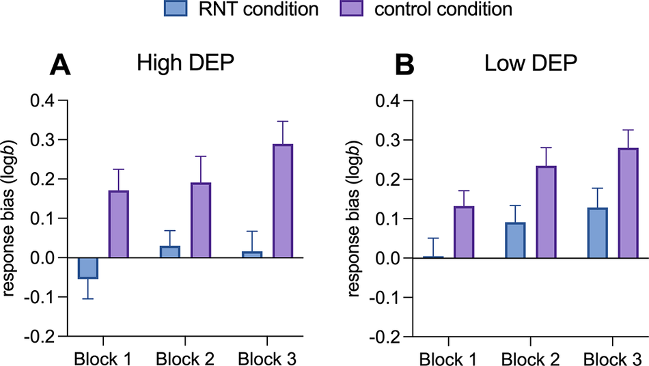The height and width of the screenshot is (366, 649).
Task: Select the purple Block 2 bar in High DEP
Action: pyautogui.click(x=200, y=221)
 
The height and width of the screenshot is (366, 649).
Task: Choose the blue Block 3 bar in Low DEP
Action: pyautogui.click(x=597, y=233)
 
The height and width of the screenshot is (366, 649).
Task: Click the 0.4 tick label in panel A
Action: pyautogui.click(x=44, y=100)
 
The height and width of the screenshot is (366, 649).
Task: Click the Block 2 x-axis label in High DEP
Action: pyautogui.click(x=184, y=358)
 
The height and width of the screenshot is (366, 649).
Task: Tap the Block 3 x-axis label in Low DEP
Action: pyautogui.click(x=612, y=358)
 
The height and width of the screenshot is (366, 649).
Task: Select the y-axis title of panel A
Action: pyautogui.click(x=12, y=219)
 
